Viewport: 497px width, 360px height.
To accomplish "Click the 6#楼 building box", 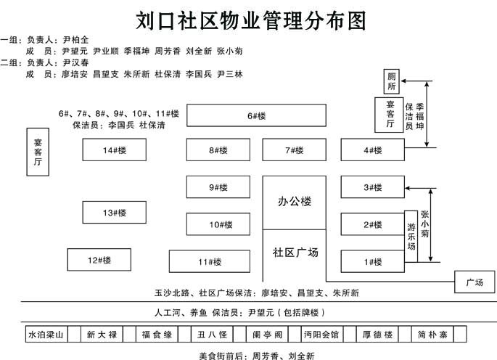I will point(257,116).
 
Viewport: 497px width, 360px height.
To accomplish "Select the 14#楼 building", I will point(114,150).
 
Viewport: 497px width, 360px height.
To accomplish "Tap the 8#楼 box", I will point(218,150).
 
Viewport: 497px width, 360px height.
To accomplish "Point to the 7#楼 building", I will point(294,150).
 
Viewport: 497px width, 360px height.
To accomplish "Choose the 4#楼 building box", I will point(372,150).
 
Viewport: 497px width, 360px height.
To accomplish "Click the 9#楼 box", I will point(218,187).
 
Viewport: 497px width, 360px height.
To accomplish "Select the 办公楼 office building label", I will point(294,201).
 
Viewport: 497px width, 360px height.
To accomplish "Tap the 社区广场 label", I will point(295,253).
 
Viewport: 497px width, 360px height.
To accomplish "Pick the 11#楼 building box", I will point(209,261).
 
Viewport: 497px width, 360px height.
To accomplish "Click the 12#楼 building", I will point(99,259).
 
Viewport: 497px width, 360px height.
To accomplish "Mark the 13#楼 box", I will point(114,212).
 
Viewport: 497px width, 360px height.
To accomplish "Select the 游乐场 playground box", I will point(411,237).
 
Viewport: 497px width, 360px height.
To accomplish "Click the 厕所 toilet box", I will point(392,81).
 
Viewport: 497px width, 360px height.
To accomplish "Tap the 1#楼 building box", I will point(372,261).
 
